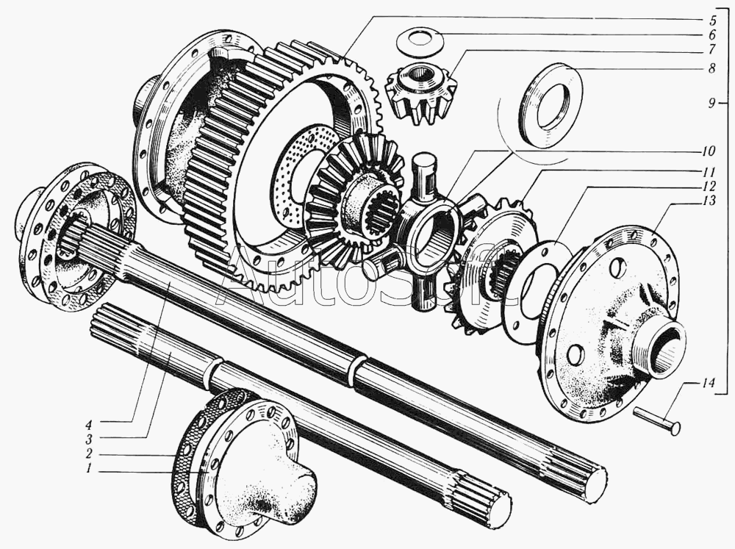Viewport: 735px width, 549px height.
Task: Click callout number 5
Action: (x=712, y=20)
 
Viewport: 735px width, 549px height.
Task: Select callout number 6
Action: (x=712, y=35)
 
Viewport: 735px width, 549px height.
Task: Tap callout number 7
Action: (x=712, y=49)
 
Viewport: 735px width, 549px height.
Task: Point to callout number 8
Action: (x=712, y=68)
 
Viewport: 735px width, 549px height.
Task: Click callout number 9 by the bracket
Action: (x=711, y=103)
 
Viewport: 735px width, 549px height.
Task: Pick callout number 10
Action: (x=709, y=151)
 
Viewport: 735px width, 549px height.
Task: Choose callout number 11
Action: (x=709, y=171)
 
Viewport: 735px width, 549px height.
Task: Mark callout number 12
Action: (x=709, y=186)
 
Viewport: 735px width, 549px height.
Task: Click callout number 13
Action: (x=709, y=201)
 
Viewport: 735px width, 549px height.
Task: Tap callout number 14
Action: (x=708, y=383)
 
